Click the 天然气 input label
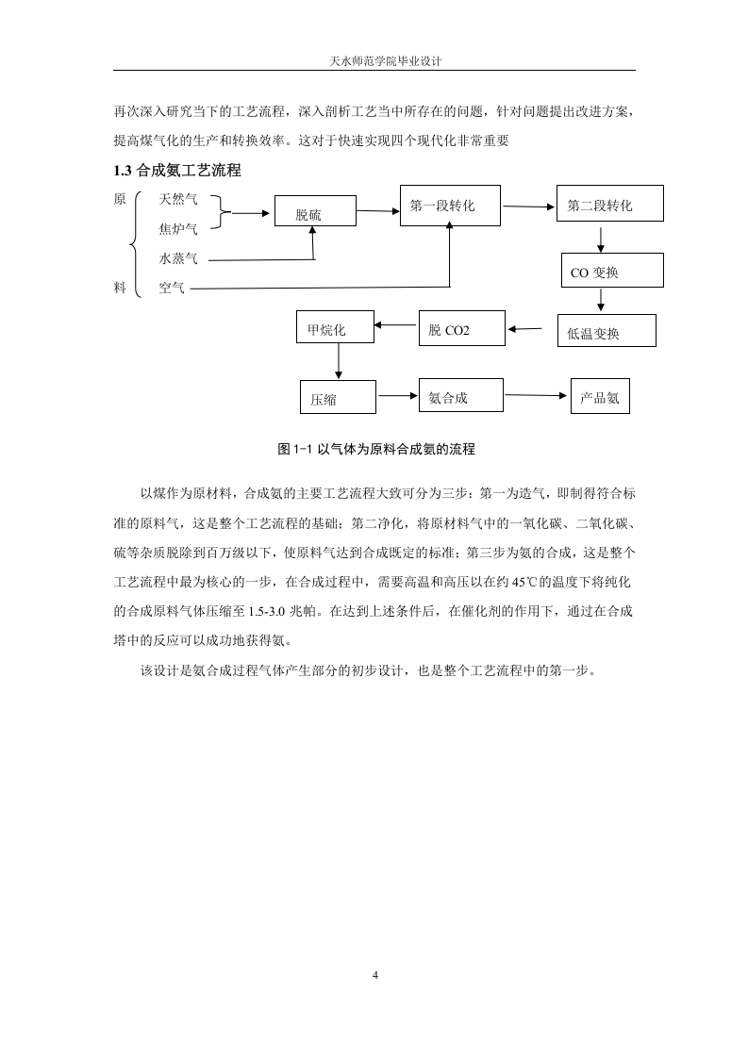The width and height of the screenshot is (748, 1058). pos(178,199)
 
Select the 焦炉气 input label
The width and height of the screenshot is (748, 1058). pos(178,229)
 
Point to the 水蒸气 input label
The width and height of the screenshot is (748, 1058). pos(178,258)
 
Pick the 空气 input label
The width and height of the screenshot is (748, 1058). pos(172,289)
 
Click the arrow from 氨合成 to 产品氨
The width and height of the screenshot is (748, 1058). pos(536,395)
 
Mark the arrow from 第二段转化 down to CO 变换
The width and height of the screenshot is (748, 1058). pos(601,240)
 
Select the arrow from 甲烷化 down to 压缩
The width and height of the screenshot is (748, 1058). pos(339,361)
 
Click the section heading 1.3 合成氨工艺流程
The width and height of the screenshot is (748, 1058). pos(177,171)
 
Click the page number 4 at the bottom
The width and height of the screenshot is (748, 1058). pos(375,975)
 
